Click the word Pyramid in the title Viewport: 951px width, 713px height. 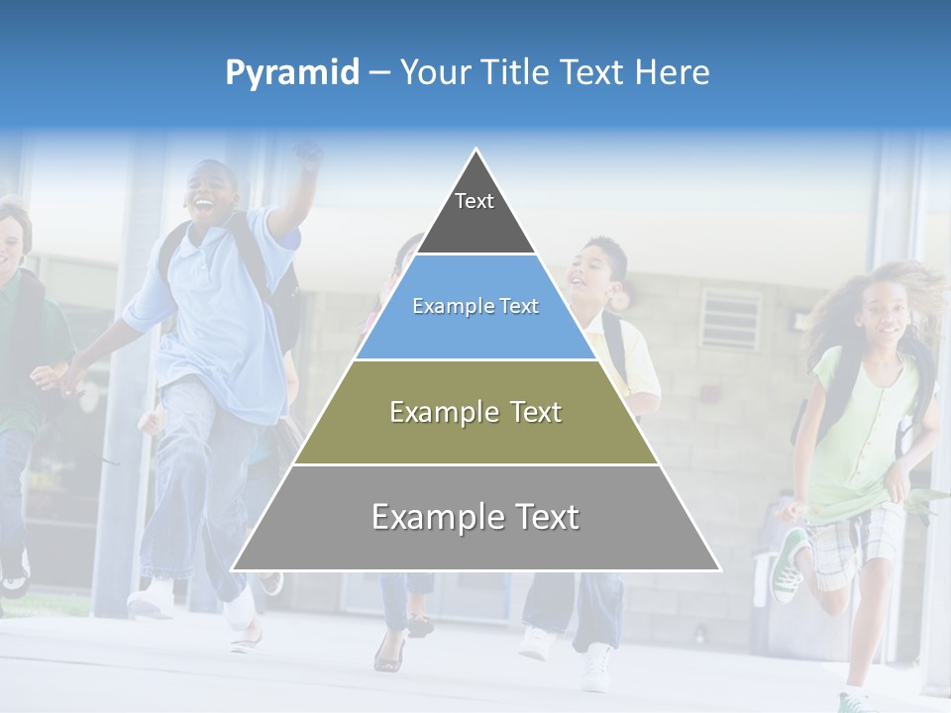click(x=292, y=73)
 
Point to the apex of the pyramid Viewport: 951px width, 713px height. click(x=476, y=151)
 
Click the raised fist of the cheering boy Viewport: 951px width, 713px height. click(x=308, y=153)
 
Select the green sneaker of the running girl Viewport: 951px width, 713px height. click(x=790, y=564)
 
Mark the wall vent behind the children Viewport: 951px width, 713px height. click(x=730, y=318)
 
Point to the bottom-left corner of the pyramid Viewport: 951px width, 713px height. click(x=232, y=570)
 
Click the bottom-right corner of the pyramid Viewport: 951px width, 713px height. click(x=720, y=570)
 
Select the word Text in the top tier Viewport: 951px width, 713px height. click(x=474, y=201)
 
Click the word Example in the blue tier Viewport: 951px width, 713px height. click(x=442, y=306)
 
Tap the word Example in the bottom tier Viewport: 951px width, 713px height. click(x=427, y=517)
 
